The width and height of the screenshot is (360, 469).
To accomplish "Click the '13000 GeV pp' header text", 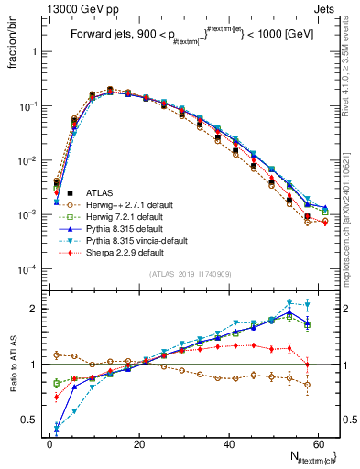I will point(48,7).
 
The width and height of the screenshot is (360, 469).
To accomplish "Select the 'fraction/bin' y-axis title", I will point(13,47).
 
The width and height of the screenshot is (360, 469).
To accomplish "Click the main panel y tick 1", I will point(35,52).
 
